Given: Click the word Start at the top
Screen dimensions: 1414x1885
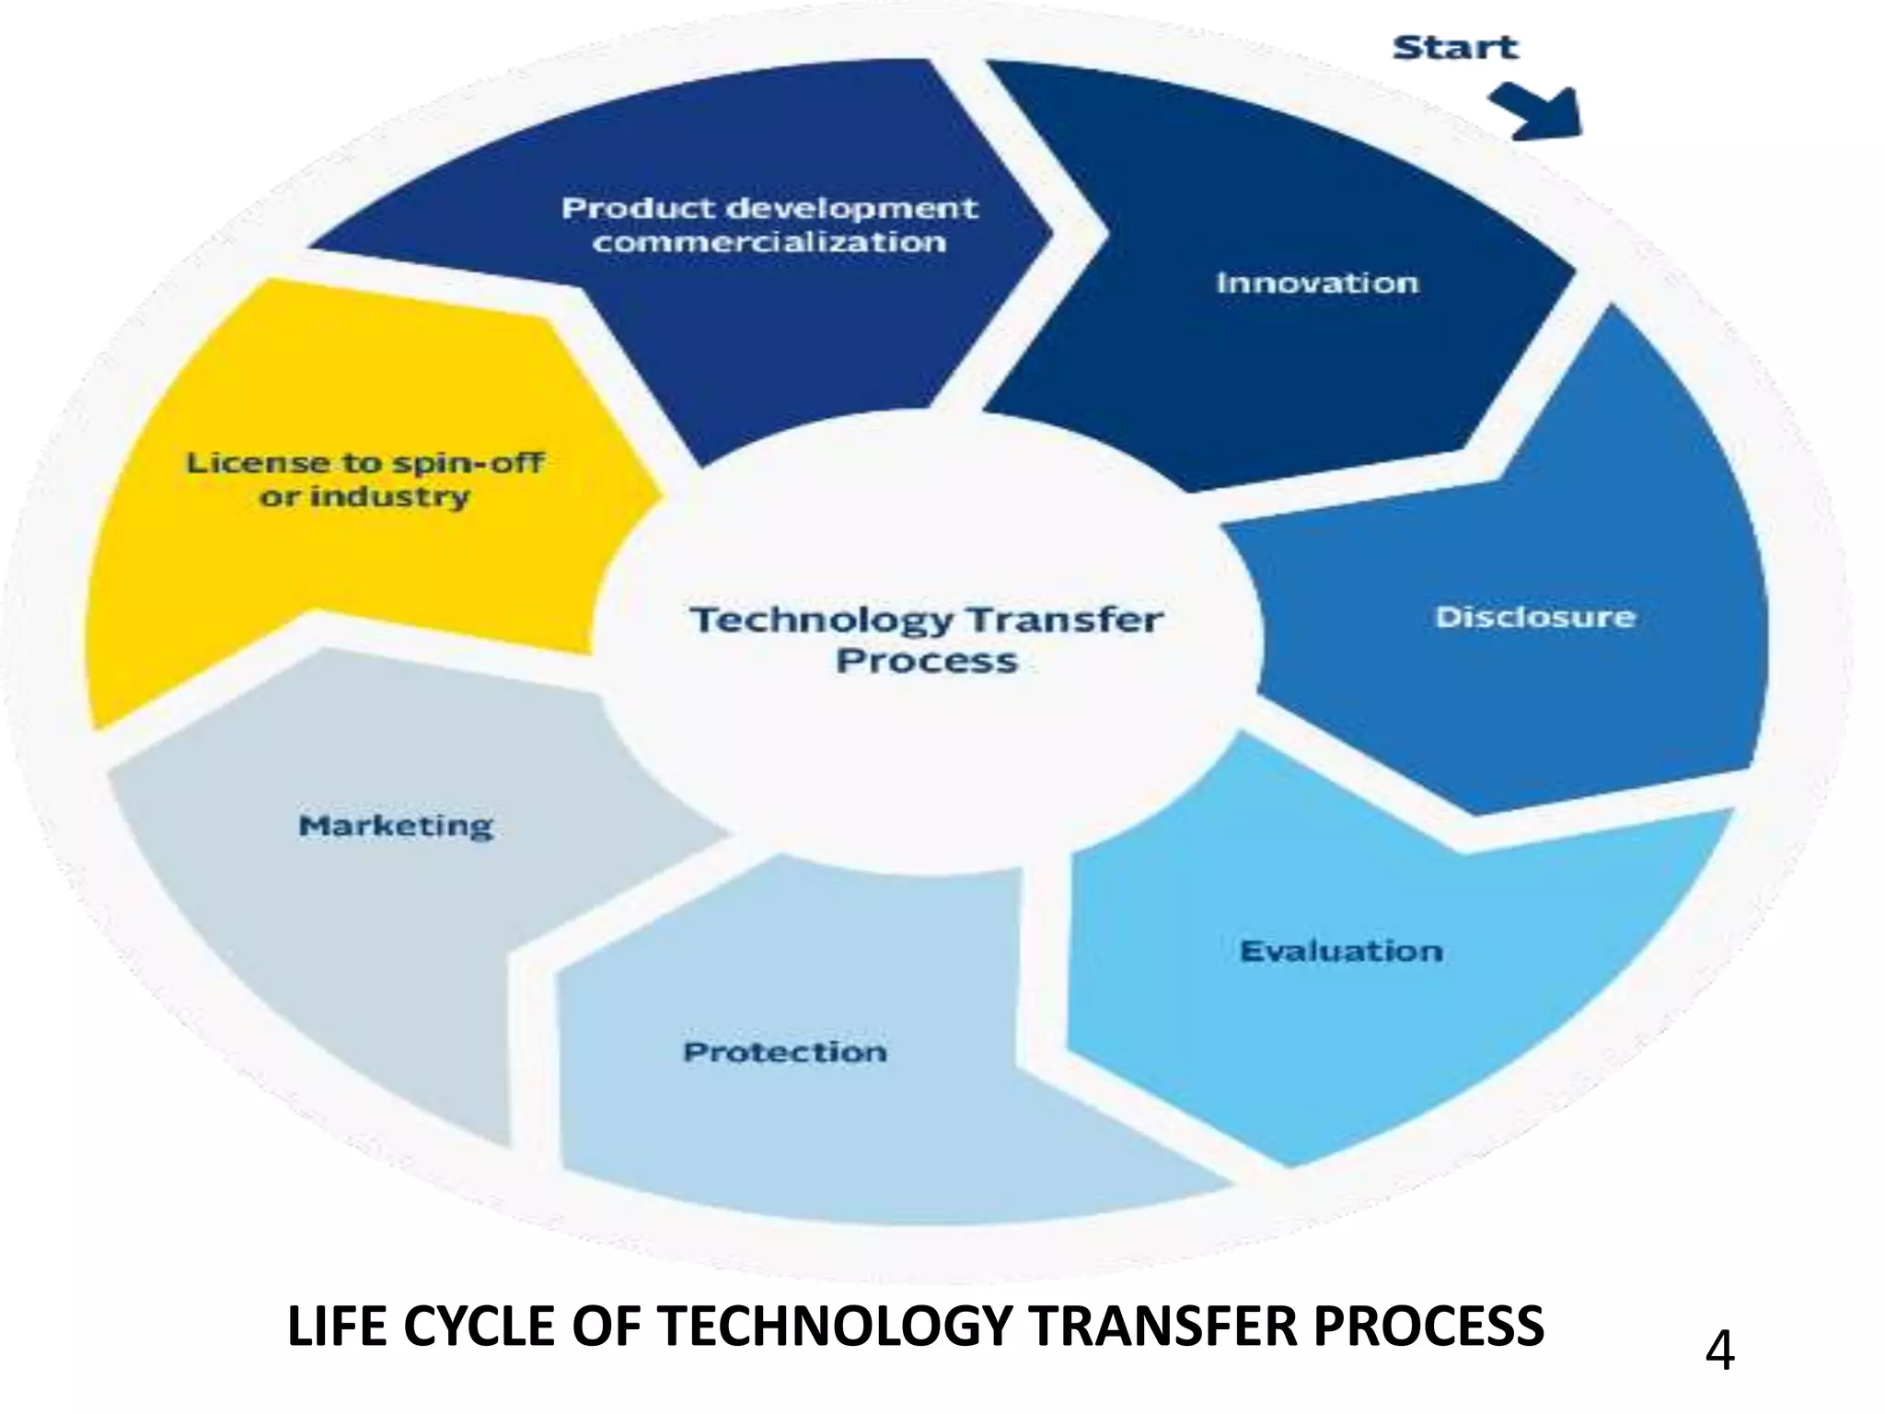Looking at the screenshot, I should [1454, 47].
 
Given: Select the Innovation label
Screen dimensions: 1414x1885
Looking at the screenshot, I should [1317, 283].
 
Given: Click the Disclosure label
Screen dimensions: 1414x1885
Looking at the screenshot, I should [1534, 617].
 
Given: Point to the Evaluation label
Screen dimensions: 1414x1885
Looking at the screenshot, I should [1341, 951].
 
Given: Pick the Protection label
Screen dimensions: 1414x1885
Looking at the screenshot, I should [785, 1052].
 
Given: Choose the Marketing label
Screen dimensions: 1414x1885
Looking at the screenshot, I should [396, 826].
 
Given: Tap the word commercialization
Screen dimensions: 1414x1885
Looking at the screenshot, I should [769, 243].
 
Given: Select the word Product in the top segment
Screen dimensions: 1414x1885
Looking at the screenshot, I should [638, 208].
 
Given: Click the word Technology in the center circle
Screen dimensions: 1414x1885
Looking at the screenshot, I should [821, 620].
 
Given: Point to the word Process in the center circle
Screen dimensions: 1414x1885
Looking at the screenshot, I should [926, 661].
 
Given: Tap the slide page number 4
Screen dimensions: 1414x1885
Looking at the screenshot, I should [1719, 1351].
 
